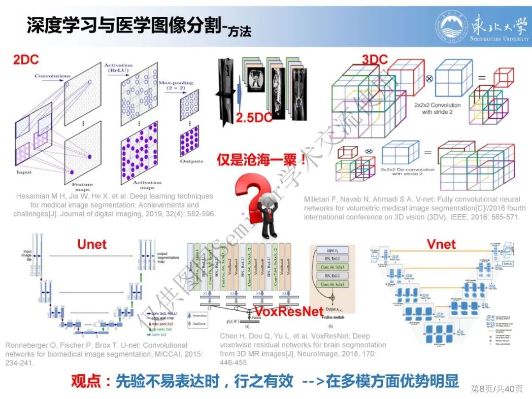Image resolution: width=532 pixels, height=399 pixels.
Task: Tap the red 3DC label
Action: click(x=375, y=60)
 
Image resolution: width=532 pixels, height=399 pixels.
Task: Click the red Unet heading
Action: click(x=92, y=244)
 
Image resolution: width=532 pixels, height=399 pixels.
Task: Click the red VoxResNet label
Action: click(x=288, y=311)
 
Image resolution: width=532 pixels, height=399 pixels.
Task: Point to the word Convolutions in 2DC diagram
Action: click(x=52, y=76)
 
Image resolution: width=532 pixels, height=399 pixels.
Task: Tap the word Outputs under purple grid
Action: click(x=191, y=161)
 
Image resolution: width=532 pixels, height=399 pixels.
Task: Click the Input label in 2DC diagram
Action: click(x=24, y=172)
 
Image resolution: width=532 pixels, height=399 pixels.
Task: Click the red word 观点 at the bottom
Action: click(x=86, y=381)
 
